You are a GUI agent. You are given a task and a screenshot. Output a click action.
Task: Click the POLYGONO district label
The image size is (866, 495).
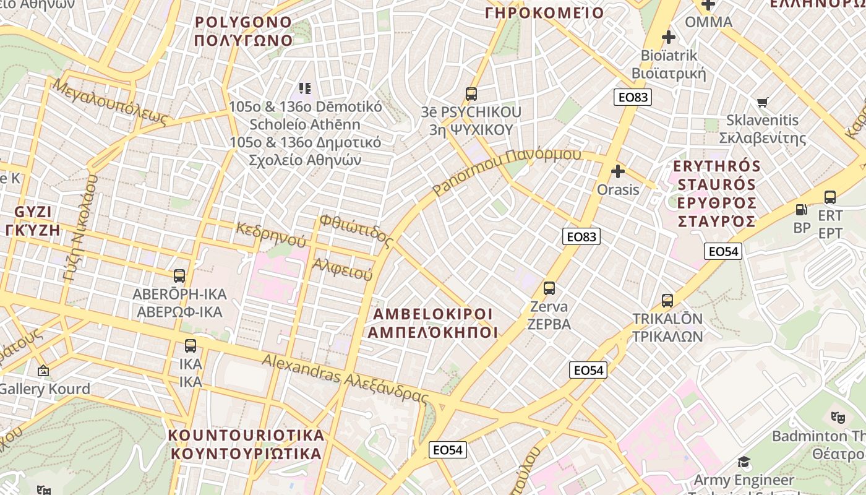click(x=243, y=23)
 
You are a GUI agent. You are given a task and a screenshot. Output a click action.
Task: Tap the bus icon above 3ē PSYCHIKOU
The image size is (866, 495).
click(x=471, y=95)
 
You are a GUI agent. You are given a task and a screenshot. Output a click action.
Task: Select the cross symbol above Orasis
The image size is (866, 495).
click(x=617, y=171)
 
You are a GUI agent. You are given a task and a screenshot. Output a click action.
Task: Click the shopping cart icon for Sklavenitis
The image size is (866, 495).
click(x=763, y=102)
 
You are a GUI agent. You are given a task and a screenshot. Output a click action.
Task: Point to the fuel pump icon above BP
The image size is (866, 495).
click(x=801, y=210)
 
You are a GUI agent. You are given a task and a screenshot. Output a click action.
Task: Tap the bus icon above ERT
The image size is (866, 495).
click(x=830, y=197)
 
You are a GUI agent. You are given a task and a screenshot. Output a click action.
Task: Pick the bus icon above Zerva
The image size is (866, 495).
click(x=549, y=288)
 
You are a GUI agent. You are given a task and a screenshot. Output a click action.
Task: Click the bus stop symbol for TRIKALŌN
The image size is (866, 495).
click(x=667, y=301)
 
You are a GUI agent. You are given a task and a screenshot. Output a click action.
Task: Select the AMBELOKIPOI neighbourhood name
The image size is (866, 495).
click(x=433, y=314)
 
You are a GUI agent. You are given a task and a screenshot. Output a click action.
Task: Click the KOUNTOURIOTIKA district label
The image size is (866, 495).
click(x=246, y=436)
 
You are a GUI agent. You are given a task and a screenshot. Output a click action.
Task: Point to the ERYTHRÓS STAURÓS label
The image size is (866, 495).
click(x=718, y=167)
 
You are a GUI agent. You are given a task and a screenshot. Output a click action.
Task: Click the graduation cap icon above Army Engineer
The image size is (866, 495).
click(x=744, y=462)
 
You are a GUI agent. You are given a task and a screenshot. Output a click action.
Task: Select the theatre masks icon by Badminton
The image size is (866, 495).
click(x=838, y=418)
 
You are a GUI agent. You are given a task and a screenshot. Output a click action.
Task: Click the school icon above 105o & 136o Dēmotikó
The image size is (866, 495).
click(x=304, y=88)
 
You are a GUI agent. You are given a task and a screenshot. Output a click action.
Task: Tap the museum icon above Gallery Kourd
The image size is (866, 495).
click(x=43, y=371)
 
